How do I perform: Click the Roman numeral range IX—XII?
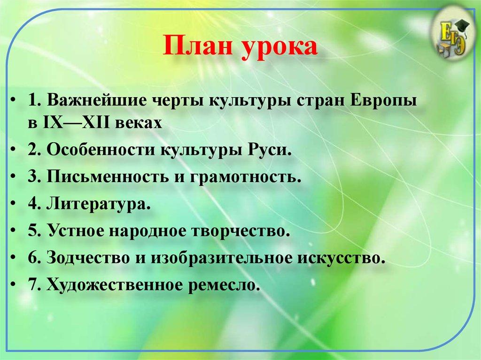coord(80,123)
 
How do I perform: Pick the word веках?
coord(141,123)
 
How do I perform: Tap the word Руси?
coord(269,151)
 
